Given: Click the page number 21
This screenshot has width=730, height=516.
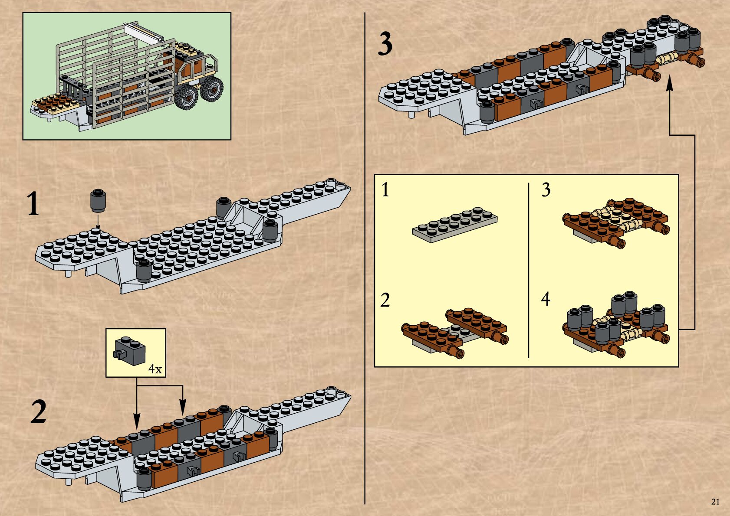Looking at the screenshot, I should click(x=716, y=502).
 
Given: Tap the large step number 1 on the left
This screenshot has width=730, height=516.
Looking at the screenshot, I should click(x=33, y=204).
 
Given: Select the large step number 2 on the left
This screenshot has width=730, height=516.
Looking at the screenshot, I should click(x=39, y=412).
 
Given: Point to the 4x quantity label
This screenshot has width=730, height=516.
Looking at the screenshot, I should click(x=155, y=369).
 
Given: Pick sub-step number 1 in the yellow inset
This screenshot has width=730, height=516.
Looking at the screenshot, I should click(x=385, y=190).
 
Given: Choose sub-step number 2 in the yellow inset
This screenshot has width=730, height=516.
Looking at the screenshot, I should click(x=385, y=300).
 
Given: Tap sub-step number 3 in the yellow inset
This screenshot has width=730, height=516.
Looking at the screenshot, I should click(x=546, y=190).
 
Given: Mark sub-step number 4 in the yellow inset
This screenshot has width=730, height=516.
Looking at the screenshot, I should click(x=546, y=299).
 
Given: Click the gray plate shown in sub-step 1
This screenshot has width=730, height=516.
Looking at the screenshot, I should click(x=455, y=224).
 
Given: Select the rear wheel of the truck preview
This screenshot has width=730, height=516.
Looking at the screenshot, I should click(x=212, y=89).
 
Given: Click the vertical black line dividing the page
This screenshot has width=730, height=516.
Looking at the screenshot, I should click(x=365, y=260).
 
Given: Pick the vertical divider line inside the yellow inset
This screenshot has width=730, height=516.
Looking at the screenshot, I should click(x=529, y=271).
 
